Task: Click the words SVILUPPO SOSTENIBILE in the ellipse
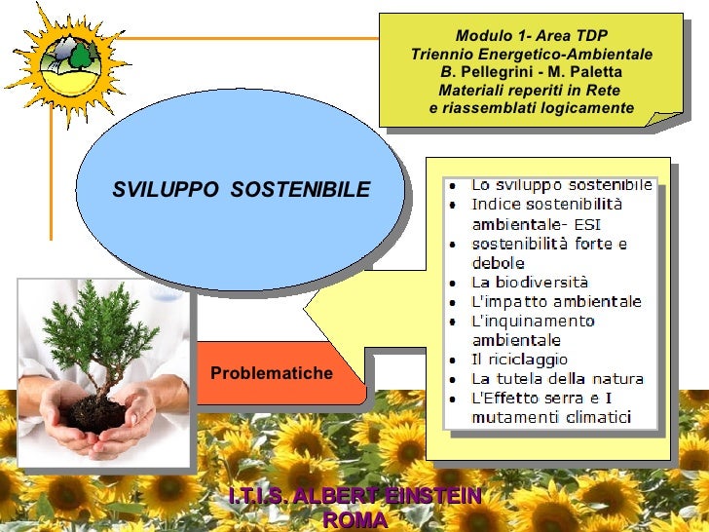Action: click(241, 189)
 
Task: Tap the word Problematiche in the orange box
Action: click(272, 373)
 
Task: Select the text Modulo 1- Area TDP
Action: click(531, 36)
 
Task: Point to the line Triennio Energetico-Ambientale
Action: click(531, 54)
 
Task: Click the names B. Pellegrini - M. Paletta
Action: click(531, 72)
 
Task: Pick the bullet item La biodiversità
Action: click(530, 283)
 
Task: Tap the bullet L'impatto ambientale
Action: click(556, 302)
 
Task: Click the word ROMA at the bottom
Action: click(354, 520)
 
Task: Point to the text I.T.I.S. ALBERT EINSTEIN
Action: click(354, 497)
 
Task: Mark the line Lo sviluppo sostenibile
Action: click(561, 185)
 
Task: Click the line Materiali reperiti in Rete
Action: click(531, 90)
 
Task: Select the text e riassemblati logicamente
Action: click(531, 107)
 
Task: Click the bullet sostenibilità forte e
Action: click(549, 244)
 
